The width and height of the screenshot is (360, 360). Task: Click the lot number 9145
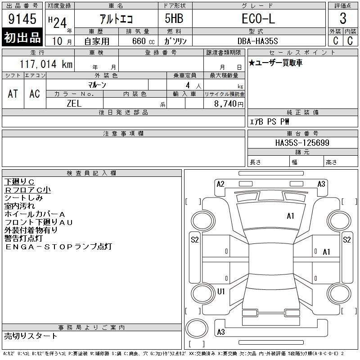[x=22, y=18]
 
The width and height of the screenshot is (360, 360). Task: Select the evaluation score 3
[x=343, y=18]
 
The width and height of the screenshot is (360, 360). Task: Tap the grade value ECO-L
[x=258, y=18]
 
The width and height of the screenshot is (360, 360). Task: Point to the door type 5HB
[x=174, y=18]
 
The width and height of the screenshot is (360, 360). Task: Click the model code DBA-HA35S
[x=257, y=41]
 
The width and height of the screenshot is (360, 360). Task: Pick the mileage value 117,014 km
[x=46, y=64]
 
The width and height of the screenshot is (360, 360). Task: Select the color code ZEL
[x=74, y=103]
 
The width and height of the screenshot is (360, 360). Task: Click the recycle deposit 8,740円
[x=229, y=103]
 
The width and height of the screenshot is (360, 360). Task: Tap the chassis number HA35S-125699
[x=302, y=143]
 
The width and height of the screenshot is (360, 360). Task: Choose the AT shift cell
[x=13, y=94]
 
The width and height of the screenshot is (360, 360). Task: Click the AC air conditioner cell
[x=35, y=94]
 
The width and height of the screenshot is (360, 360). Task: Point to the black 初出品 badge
[x=22, y=37]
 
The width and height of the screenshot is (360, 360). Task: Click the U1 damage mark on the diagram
[x=221, y=291]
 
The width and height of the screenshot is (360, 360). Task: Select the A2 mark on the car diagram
[x=220, y=184]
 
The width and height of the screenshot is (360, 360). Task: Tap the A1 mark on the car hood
[x=290, y=216]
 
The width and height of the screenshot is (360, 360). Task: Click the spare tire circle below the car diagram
[x=197, y=328]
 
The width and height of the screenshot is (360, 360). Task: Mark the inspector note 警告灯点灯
[x=23, y=238]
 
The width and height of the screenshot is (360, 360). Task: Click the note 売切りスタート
[x=31, y=336]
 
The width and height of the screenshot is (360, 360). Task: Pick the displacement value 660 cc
[x=143, y=41]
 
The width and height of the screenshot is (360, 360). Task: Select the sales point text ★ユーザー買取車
[x=275, y=63]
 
